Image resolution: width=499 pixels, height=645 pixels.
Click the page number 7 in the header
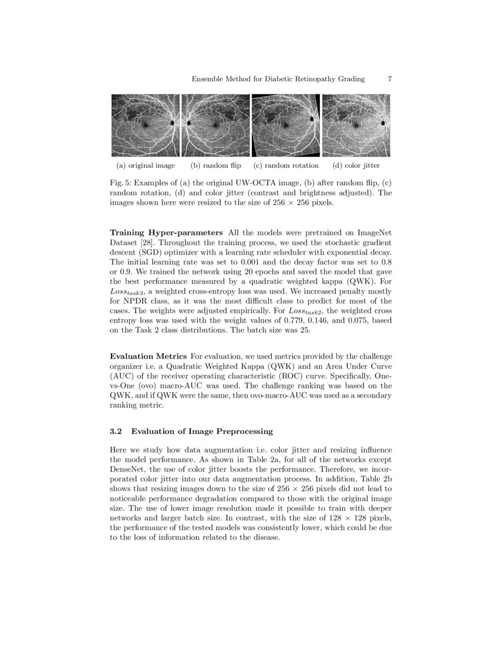390,79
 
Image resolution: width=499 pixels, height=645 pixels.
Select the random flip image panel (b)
215,125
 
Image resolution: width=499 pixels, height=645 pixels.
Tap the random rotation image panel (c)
286,125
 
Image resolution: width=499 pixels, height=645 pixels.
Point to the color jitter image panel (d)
356,125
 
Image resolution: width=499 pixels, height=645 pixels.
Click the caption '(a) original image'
146,165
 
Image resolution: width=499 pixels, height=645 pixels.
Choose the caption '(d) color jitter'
356,165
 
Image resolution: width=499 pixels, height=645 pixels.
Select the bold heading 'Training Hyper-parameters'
167,233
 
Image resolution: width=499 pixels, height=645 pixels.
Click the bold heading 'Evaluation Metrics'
148,356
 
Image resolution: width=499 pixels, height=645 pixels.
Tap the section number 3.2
116,432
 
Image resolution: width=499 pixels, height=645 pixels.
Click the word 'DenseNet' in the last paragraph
127,470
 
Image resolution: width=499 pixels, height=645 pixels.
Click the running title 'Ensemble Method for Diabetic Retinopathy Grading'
278,79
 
